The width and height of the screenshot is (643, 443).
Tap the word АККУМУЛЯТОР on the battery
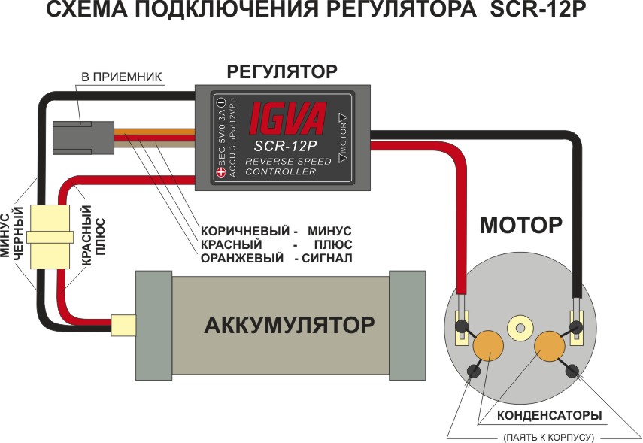290,326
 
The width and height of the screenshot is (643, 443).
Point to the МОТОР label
521,225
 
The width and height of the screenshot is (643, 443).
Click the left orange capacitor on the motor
487,344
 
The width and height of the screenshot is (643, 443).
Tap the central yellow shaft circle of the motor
519,326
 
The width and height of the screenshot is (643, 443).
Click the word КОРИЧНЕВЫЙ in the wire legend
241,230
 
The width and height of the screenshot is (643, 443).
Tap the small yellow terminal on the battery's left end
123,325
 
